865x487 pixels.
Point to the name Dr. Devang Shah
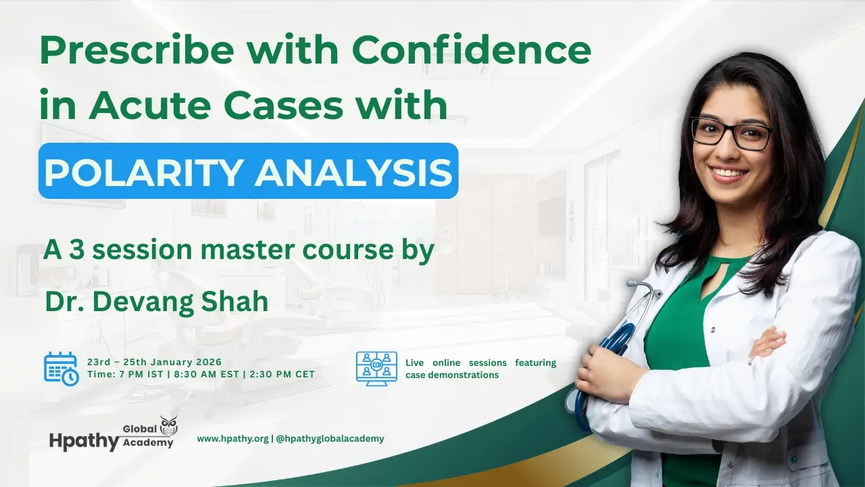(x=156, y=301)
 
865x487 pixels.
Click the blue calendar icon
(x=61, y=369)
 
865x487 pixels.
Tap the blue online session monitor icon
(x=376, y=369)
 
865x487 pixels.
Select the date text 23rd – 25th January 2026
(x=154, y=362)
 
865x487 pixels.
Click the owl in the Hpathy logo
(x=168, y=426)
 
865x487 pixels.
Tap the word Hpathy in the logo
(x=84, y=440)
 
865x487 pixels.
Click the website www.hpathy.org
(x=232, y=438)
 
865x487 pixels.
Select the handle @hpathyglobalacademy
(x=330, y=438)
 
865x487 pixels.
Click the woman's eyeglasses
(x=731, y=132)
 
